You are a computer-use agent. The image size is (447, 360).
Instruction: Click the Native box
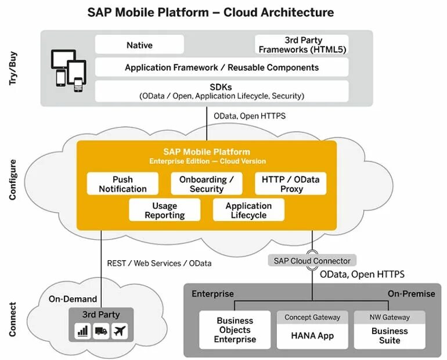click(x=139, y=45)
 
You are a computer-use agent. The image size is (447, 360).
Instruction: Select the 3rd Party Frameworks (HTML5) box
click(x=302, y=45)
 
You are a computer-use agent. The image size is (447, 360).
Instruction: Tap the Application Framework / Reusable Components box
click(x=222, y=67)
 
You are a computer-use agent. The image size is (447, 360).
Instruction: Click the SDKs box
click(x=222, y=91)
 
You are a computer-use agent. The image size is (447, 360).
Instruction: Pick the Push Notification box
click(x=122, y=184)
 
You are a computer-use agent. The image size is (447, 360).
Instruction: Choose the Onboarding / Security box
click(x=206, y=184)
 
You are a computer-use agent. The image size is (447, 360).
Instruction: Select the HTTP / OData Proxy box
click(x=290, y=184)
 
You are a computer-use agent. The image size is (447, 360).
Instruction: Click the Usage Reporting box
click(x=164, y=210)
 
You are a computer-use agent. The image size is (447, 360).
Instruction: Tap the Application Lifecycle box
click(x=248, y=210)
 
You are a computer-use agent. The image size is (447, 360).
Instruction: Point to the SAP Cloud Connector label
click(x=312, y=261)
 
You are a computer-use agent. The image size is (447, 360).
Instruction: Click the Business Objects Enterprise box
click(x=235, y=330)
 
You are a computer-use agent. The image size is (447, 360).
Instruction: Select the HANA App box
click(x=312, y=336)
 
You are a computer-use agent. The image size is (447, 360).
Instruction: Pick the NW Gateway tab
click(x=390, y=318)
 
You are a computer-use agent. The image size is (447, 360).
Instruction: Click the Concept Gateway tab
click(x=312, y=318)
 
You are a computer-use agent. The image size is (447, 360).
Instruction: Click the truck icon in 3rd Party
click(x=101, y=332)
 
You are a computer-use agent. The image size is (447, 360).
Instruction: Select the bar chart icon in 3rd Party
click(x=82, y=332)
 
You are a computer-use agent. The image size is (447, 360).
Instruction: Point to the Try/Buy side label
click(x=13, y=68)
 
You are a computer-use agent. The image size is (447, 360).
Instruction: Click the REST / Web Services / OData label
click(x=160, y=263)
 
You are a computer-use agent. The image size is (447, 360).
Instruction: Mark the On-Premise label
click(x=411, y=294)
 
